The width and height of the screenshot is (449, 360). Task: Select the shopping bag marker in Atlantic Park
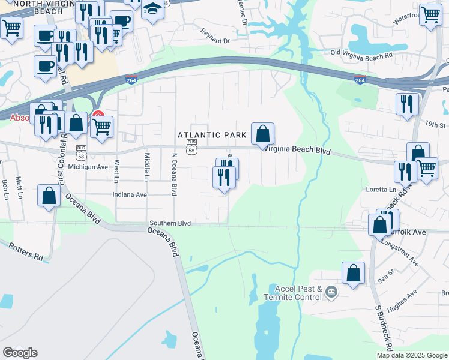(x=262, y=134)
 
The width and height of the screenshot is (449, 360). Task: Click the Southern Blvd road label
(x=170, y=223)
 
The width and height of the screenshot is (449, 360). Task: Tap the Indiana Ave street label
(x=130, y=194)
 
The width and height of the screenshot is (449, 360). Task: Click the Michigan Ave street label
(x=89, y=167)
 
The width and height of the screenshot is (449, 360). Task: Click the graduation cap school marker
(x=152, y=10)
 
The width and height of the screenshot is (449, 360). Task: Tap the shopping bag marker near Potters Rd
(x=49, y=196)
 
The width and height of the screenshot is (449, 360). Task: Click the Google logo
(x=20, y=353)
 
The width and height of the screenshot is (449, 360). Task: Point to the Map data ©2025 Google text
(x=411, y=355)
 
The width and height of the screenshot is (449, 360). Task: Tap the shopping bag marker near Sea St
(x=354, y=273)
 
